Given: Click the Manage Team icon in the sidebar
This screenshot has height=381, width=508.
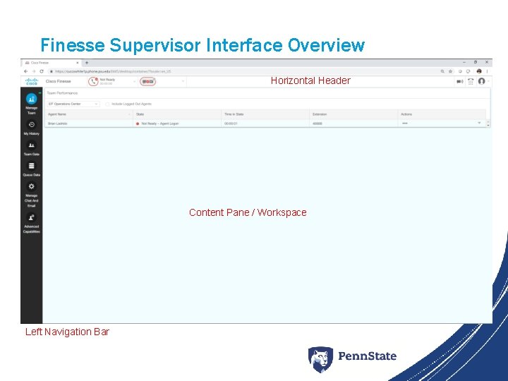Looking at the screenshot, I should coord(31,99).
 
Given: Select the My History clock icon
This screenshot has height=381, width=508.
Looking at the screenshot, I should coord(31,124).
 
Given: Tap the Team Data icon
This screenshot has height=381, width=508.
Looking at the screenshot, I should coord(31,145).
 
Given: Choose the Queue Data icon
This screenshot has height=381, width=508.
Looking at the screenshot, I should coord(31,166).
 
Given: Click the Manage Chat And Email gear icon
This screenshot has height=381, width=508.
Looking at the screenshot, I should coord(31,186).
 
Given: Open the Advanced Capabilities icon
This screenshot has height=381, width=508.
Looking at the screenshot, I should coord(31,217).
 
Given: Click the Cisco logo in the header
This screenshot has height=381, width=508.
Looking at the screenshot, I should coord(31,81).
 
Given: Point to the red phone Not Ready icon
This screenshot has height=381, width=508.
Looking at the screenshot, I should coord(92,81).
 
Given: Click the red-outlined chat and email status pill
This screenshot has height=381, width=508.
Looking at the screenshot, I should coord(147,81).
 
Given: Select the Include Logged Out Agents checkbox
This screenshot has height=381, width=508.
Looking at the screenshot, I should coord(107,104).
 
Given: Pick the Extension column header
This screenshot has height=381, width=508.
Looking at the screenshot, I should coord(320,114).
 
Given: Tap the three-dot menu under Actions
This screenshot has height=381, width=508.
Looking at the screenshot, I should coord(405,123).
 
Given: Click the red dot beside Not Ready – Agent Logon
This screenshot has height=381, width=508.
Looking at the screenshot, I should coord(137,123).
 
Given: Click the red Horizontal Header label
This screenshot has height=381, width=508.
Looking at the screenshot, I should coord(310,80).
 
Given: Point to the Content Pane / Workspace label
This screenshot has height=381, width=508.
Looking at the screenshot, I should coord(248,212).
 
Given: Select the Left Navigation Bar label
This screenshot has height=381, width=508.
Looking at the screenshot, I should coord(67,332).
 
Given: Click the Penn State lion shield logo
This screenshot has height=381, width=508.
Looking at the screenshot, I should coord(320,359).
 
